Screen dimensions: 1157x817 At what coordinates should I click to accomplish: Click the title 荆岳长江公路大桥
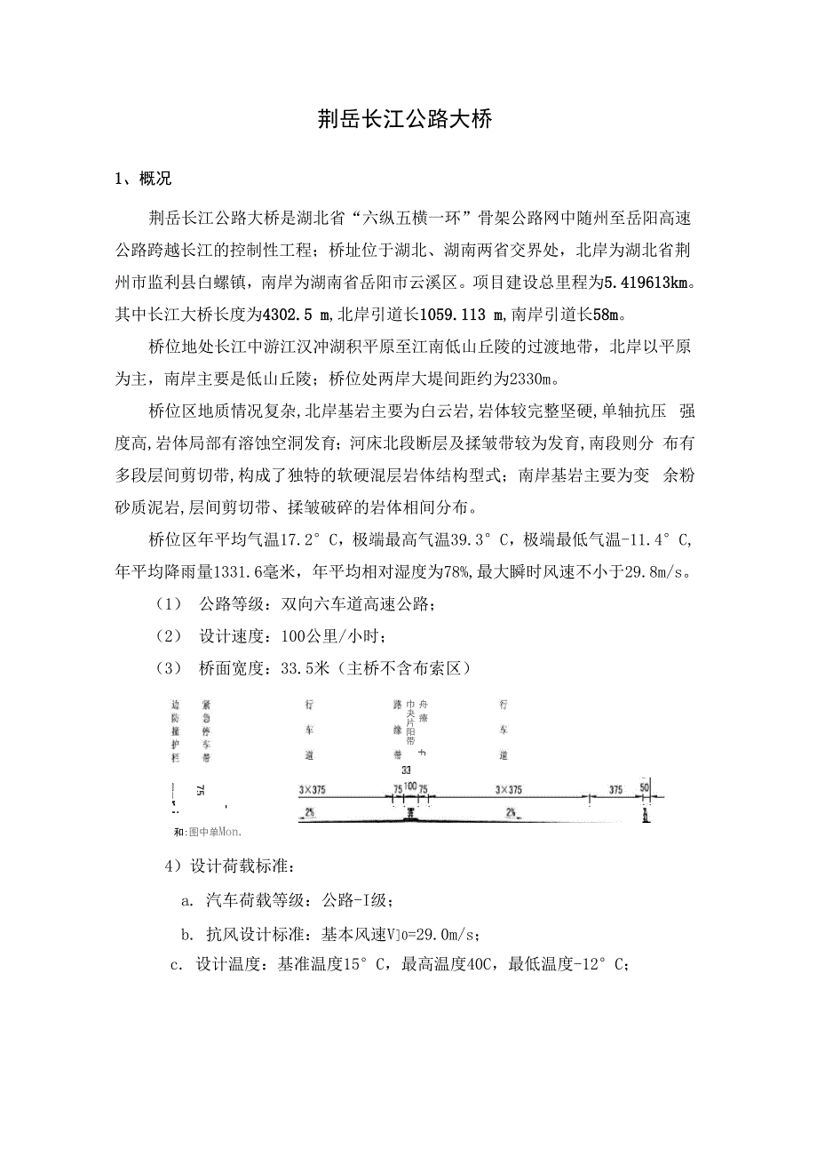point(404,120)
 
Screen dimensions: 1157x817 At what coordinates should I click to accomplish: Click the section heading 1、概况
point(143,180)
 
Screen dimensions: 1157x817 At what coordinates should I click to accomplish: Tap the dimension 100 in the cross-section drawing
point(410,786)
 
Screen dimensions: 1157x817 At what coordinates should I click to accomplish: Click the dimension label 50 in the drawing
point(645,787)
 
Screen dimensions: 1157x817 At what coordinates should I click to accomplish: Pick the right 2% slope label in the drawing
point(512,812)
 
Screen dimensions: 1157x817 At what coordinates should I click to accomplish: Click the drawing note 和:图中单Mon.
point(208,833)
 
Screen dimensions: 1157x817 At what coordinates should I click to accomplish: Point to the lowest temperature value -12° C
point(603,966)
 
